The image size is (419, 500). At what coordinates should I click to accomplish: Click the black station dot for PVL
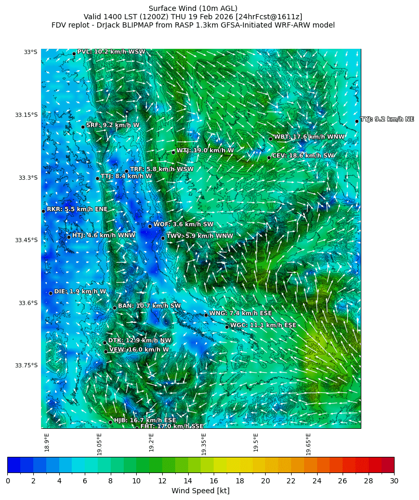point(74,54)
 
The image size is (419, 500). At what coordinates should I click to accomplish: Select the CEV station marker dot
point(269,157)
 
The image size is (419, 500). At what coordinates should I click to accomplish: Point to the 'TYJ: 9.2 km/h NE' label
point(387,120)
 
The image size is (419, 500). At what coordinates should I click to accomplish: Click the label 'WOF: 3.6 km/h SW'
point(184,225)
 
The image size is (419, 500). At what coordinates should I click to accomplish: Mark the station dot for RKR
point(43,211)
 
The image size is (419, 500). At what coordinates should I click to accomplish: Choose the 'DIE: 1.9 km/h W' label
point(80,292)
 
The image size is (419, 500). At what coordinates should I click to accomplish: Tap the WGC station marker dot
point(227,327)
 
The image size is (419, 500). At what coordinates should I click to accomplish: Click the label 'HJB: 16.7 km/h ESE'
point(145,420)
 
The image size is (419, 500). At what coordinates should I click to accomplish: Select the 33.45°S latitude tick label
point(28,240)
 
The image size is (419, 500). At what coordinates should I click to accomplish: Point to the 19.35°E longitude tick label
point(204,443)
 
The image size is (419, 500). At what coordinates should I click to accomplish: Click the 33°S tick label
point(30,52)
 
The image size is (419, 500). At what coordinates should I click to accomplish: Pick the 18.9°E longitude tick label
point(47,442)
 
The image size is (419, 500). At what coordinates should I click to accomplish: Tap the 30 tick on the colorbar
point(394,481)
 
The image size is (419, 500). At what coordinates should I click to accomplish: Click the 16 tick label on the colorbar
point(214,481)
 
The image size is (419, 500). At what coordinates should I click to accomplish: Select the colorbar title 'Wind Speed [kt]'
point(201,491)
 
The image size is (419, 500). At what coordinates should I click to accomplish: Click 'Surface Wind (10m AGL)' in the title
point(193,8)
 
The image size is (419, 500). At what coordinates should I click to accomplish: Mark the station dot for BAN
point(114,308)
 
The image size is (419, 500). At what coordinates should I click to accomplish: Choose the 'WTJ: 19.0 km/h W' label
point(205,150)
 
